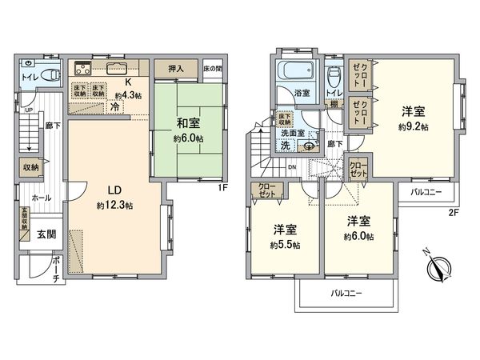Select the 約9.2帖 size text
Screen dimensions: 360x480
pyautogui.click(x=414, y=126)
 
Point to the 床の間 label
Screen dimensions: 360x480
pyautogui.click(x=214, y=68)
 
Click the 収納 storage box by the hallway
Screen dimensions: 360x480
pyautogui.click(x=30, y=167)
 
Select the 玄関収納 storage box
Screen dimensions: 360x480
pyautogui.click(x=24, y=221)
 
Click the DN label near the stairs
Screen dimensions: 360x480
pyautogui.click(x=292, y=166)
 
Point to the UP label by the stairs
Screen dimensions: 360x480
pyautogui.click(x=30, y=110)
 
